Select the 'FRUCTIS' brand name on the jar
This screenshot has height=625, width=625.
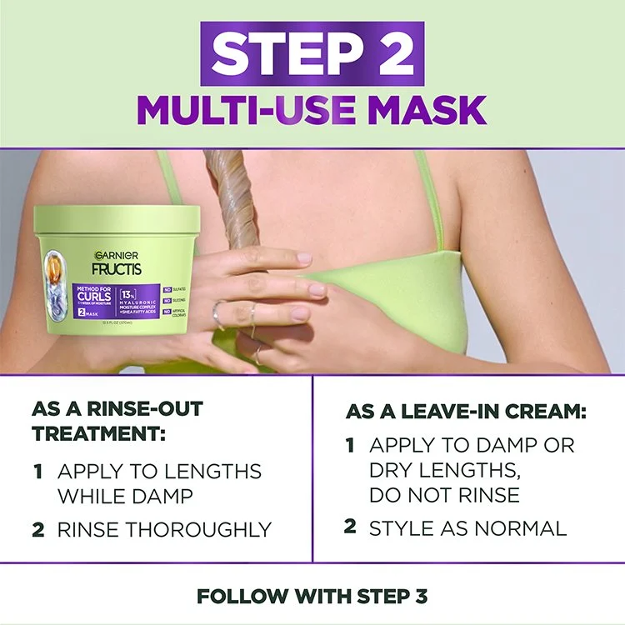pyautogui.click(x=117, y=268)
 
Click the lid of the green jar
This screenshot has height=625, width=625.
pyautogui.click(x=117, y=221)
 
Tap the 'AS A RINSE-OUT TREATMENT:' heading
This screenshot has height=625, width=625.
pyautogui.click(x=117, y=421)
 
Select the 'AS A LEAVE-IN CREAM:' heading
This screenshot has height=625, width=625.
pyautogui.click(x=466, y=412)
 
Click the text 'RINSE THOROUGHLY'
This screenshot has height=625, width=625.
pyautogui.click(x=164, y=529)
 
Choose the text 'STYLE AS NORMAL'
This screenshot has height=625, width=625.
pyautogui.click(x=467, y=527)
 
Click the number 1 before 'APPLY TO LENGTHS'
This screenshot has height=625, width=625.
pyautogui.click(x=38, y=472)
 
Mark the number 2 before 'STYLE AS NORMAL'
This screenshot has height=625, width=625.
pyautogui.click(x=350, y=527)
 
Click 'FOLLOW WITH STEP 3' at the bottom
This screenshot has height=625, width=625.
pyautogui.click(x=312, y=596)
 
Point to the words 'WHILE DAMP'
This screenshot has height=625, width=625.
pyautogui.click(x=125, y=497)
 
